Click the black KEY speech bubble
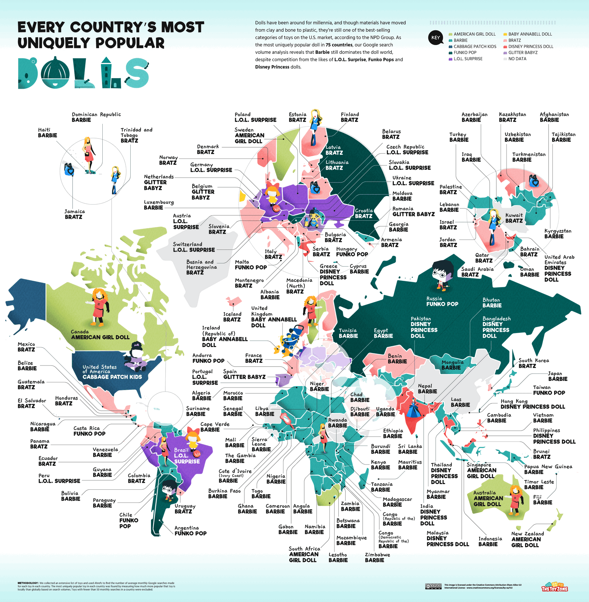coord(435,38)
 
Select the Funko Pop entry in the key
coord(465,53)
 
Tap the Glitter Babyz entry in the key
coord(523,53)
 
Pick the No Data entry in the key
coord(517,59)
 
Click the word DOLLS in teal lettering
coord(83,73)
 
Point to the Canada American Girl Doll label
coord(100,335)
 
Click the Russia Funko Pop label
coord(442,301)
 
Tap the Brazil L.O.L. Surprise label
coord(187,456)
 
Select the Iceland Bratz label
coord(232,317)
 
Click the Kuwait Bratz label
coord(514,218)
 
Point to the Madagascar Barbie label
coord(397,502)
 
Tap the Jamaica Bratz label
coord(74,214)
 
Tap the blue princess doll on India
coord(413,409)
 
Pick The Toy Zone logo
coord(554,587)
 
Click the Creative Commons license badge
coord(433,586)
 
